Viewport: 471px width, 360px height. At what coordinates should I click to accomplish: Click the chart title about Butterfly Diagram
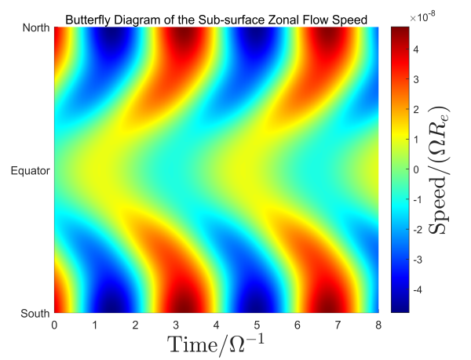(x=216, y=18)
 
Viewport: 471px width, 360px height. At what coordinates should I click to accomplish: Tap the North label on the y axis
(x=35, y=28)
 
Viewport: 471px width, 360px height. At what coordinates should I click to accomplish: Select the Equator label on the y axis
(x=31, y=170)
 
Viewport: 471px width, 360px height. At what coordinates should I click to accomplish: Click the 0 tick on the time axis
(x=54, y=323)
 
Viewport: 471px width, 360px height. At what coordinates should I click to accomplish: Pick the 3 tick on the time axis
(x=175, y=323)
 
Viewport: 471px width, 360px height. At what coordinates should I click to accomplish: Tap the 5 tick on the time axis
(x=256, y=323)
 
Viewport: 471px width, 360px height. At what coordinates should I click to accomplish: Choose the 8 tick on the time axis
(x=378, y=323)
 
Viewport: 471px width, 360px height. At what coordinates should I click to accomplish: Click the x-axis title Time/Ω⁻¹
(x=216, y=344)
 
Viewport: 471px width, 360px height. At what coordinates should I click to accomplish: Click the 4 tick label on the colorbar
(x=416, y=49)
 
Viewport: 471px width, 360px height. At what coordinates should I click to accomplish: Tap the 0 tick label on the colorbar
(x=416, y=169)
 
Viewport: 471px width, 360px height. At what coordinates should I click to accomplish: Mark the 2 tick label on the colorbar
(x=416, y=109)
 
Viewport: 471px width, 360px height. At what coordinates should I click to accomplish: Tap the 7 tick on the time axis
(x=337, y=323)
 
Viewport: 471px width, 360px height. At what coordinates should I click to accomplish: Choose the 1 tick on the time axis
(x=94, y=323)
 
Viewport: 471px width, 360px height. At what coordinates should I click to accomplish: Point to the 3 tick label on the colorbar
(x=416, y=78)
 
